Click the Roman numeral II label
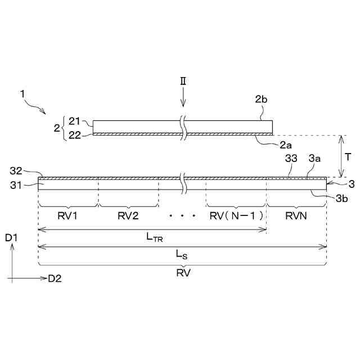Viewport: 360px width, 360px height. coord(183,81)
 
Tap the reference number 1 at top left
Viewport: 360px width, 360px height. coord(23,94)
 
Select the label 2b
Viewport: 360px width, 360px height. coord(260,100)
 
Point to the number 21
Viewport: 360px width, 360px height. coord(74,121)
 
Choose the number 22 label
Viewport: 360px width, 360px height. coord(74,135)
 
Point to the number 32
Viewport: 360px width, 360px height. coord(16,170)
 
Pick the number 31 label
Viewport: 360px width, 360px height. coord(16,182)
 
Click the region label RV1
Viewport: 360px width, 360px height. coord(67,217)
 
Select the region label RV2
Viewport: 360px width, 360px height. coord(128,217)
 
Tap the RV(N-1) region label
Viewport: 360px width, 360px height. coord(236,217)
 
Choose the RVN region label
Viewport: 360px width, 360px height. coord(296,217)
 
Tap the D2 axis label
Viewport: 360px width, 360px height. coord(55,278)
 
